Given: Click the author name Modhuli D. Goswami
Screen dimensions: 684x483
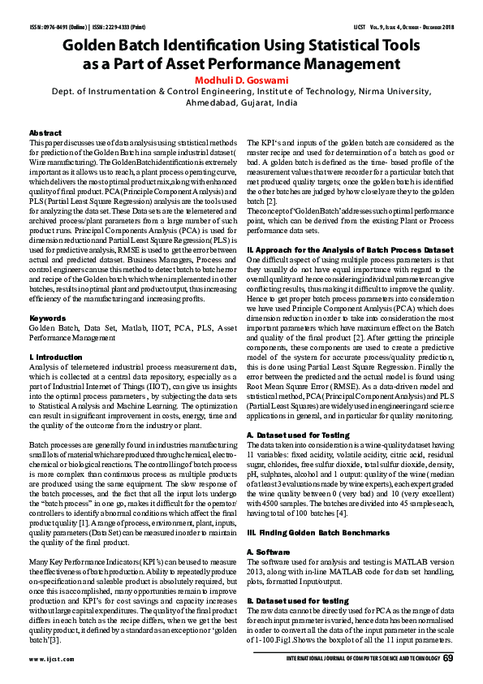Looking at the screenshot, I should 242,80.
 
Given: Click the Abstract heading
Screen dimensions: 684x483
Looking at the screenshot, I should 45,132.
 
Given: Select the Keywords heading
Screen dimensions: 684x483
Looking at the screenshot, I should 47,318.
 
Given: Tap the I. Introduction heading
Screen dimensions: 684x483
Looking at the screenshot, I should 55,357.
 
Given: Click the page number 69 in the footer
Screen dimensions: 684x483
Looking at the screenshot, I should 447,658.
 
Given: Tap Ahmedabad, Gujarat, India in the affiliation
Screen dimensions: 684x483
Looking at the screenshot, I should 241,105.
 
